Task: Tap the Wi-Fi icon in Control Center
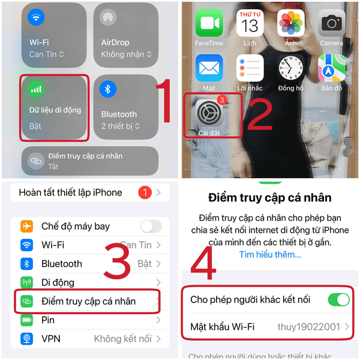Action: (37, 17)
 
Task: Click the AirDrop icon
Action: (109, 17)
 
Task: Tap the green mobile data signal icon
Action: (37, 89)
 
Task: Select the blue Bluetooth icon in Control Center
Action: (109, 89)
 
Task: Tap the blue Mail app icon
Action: (209, 69)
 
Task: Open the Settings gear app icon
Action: (209, 114)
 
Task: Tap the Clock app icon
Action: (290, 69)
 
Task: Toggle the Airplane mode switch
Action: (151, 226)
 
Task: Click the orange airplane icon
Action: (26, 226)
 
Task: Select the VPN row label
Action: (50, 338)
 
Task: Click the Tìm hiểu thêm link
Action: (269, 254)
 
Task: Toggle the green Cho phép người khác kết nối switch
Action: (338, 299)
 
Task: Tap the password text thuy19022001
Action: (309, 326)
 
